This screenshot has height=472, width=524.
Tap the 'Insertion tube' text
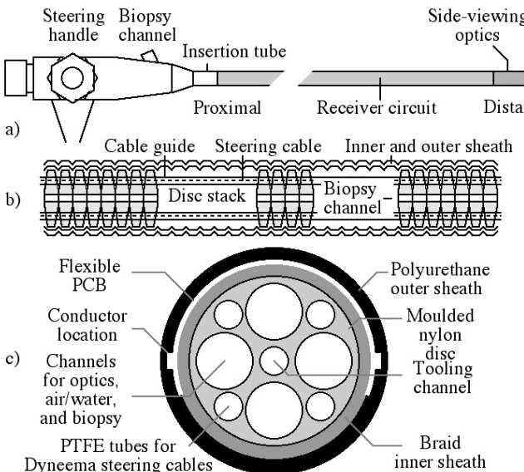234,52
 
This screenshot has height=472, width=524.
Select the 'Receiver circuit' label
376,107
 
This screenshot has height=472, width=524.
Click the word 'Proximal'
227,107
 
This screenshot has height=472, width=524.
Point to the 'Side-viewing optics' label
475,25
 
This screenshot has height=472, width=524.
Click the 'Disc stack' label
207,196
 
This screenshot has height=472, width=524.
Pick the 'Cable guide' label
150,147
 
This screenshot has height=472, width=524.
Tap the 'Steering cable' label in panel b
268,147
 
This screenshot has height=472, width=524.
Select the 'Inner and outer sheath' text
428,147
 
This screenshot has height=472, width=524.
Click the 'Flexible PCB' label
90,276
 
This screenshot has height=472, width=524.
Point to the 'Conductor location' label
87,325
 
